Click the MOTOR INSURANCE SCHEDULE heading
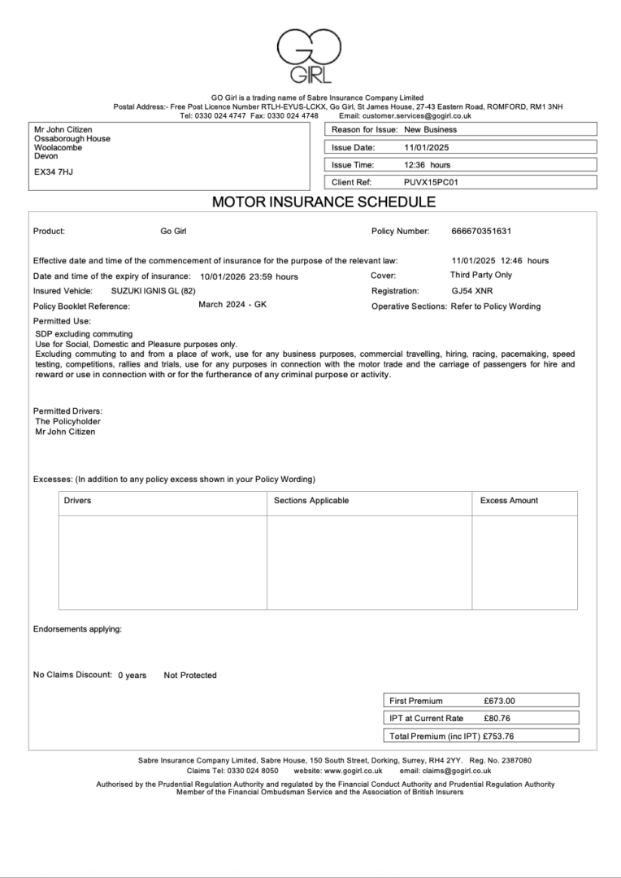pos(313,202)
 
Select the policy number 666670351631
pos(481,232)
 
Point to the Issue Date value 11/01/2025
pos(426,148)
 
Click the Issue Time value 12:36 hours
pos(427,165)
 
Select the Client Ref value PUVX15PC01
pos(431,183)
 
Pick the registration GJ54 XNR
pos(471,291)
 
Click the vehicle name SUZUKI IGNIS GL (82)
pos(154,291)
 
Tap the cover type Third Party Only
pos(481,275)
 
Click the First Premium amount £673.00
pos(499,701)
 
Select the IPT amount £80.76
pos(497,719)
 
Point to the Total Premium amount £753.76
pos(498,737)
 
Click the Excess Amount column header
pos(509,501)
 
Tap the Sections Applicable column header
pos(311,501)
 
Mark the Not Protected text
pos(190,676)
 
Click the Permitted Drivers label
pos(67,411)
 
